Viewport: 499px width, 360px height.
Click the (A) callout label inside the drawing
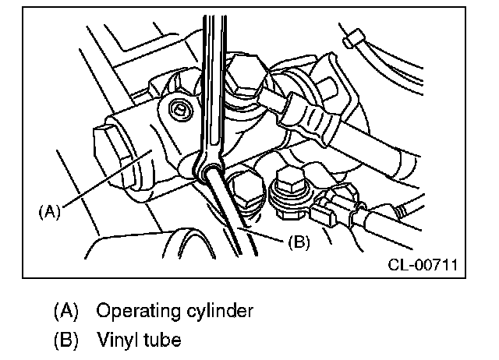(49, 210)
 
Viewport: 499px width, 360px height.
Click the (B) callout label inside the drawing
(299, 242)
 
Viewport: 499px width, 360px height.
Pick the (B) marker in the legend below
(65, 341)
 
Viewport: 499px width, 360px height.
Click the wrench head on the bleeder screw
(207, 163)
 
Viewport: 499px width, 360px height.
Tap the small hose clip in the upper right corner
(354, 37)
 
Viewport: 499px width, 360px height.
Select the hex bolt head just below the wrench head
(243, 192)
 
